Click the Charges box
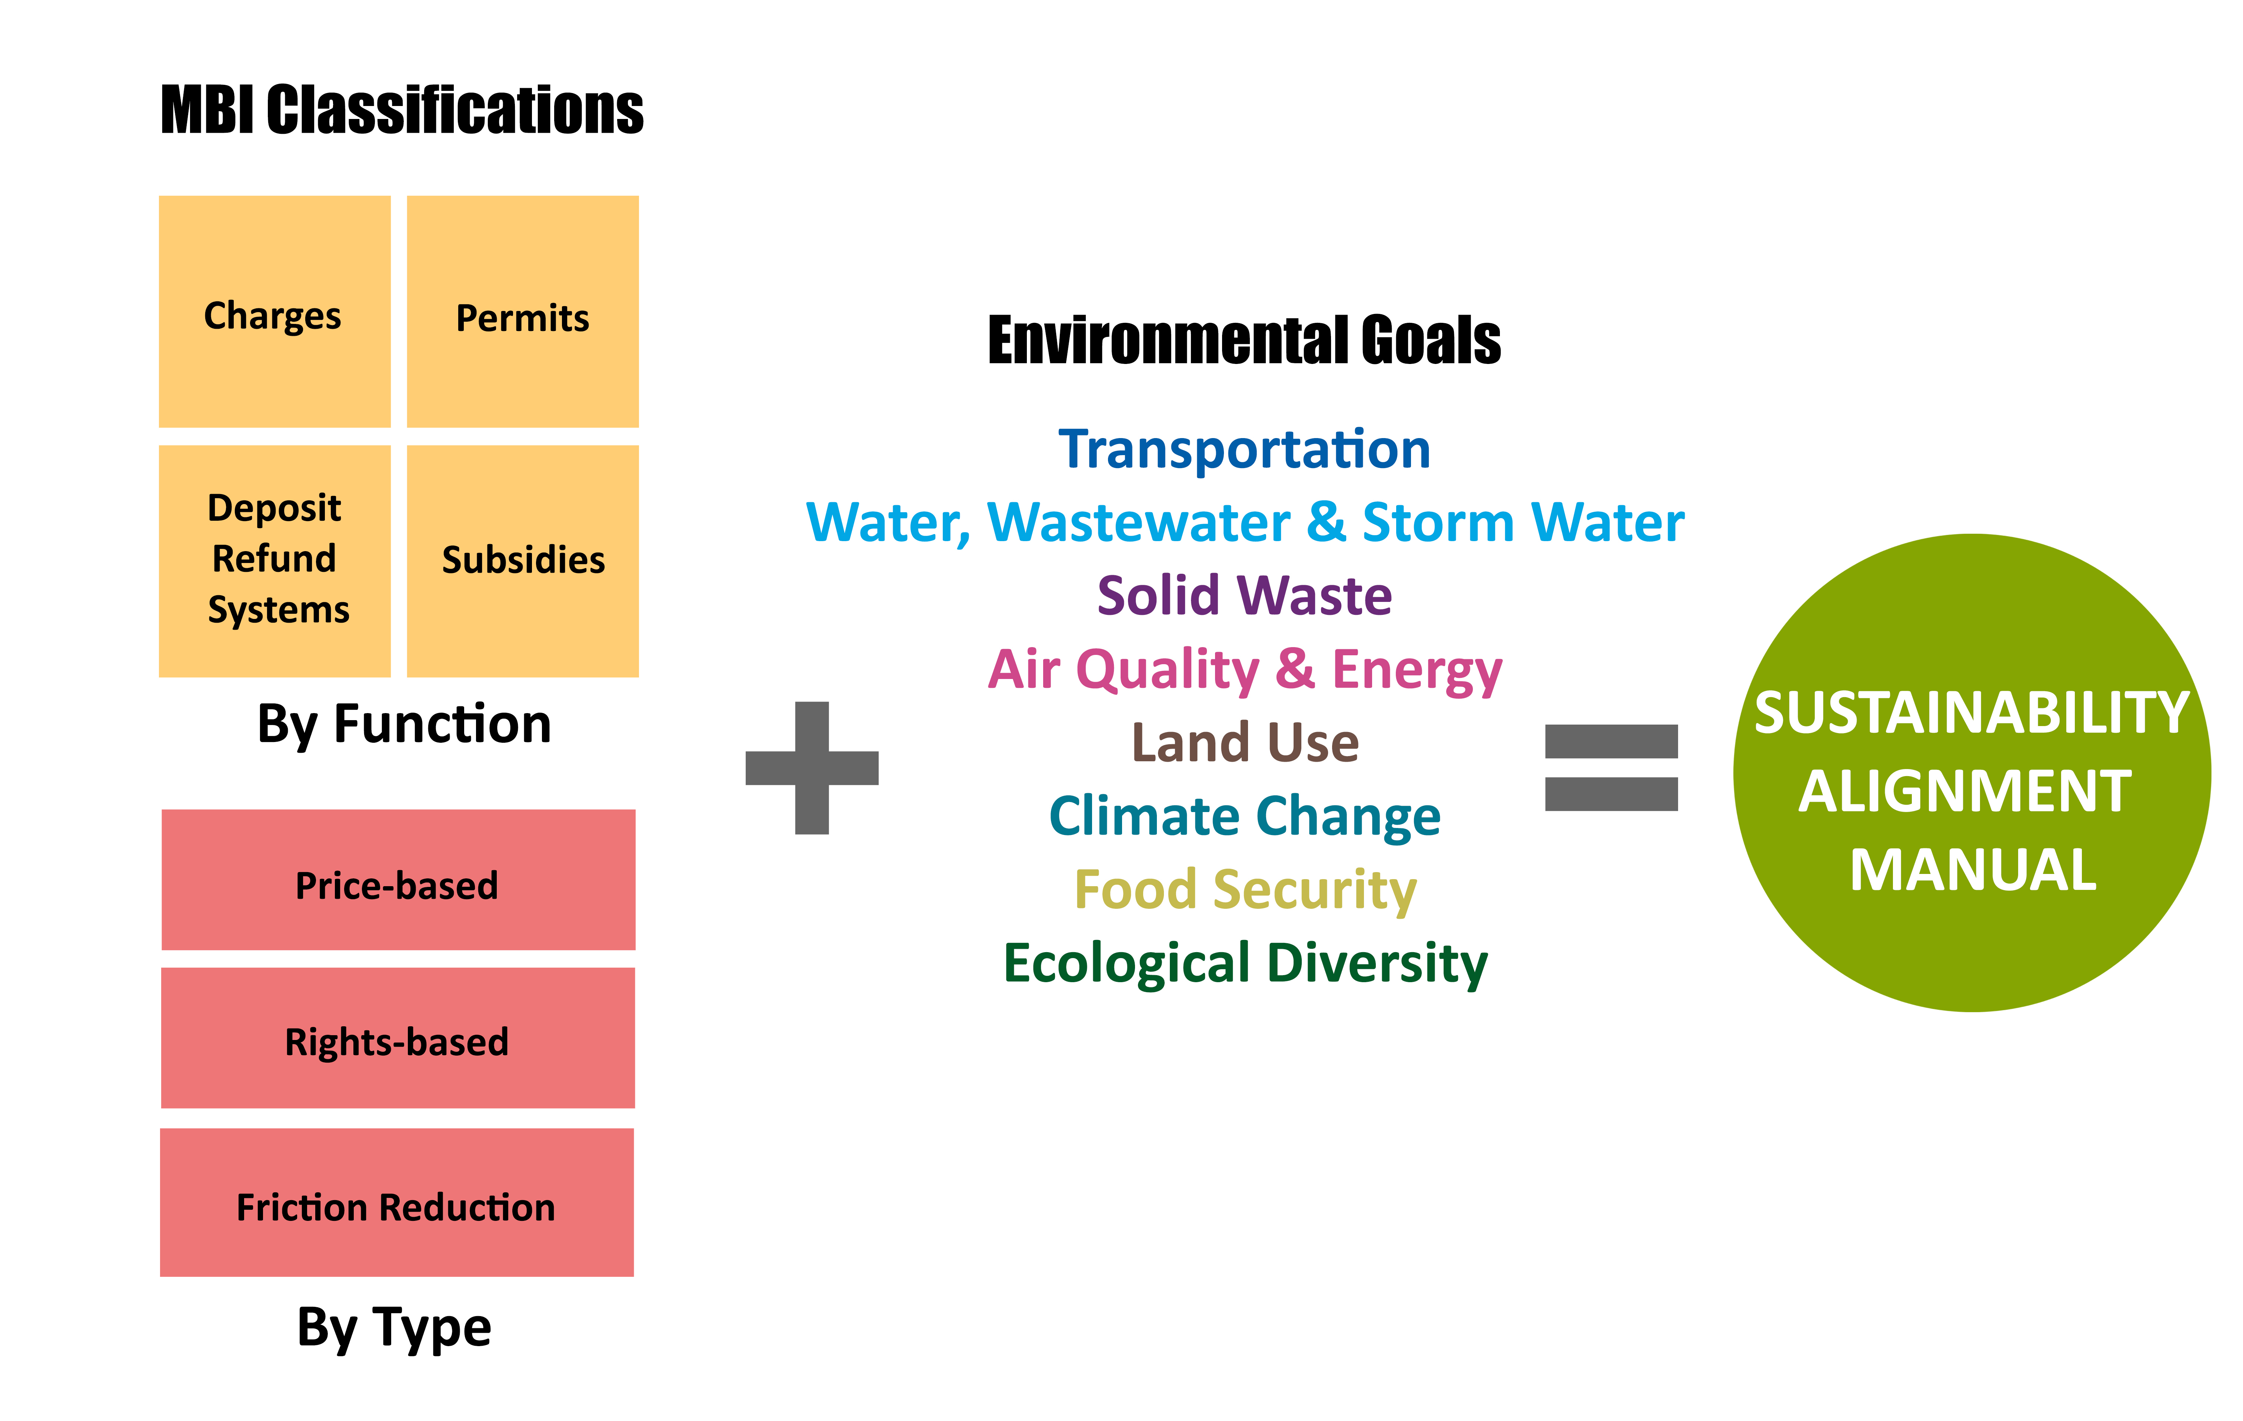[x=275, y=311]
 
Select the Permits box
[x=523, y=311]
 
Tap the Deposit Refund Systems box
[x=275, y=561]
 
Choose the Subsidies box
[x=523, y=561]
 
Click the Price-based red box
[x=399, y=880]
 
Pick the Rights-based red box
[x=398, y=1038]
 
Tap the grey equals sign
[x=1611, y=768]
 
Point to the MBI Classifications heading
[x=402, y=110]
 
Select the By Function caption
[x=404, y=725]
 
